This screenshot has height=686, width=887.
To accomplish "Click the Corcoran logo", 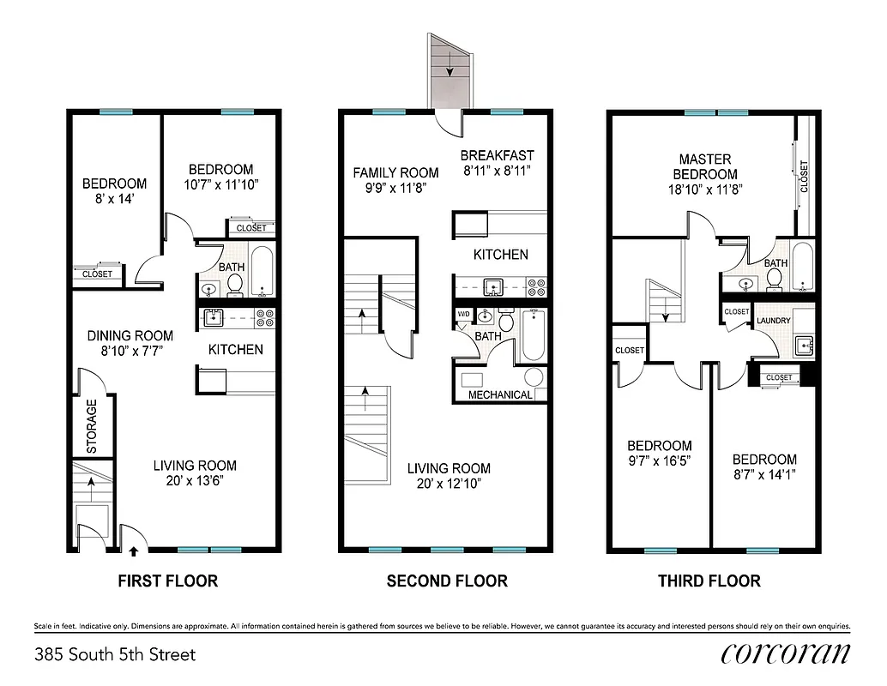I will [x=785, y=653].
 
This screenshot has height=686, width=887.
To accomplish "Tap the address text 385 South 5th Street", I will [x=115, y=655].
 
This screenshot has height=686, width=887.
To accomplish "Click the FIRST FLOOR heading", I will [x=167, y=581].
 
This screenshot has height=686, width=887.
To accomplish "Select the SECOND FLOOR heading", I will [x=447, y=581].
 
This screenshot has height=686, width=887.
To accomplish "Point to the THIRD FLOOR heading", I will [x=709, y=581].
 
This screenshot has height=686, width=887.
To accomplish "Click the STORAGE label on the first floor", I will [x=91, y=425].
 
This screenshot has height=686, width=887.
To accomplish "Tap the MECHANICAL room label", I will [x=500, y=395].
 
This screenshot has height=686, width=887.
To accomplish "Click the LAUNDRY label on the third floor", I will [x=772, y=322].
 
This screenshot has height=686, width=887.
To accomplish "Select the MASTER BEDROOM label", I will [x=705, y=166].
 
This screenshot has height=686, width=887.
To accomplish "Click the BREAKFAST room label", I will [x=497, y=155].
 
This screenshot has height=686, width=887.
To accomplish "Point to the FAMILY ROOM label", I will [x=395, y=172].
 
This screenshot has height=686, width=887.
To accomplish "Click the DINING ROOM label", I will [x=130, y=335].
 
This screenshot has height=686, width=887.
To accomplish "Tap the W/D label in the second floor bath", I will [x=463, y=315].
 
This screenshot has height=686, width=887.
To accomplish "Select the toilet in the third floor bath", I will [x=775, y=276].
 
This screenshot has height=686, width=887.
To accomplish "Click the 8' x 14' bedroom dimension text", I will [x=114, y=200].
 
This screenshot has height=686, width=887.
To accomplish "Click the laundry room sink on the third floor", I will [x=804, y=346].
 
